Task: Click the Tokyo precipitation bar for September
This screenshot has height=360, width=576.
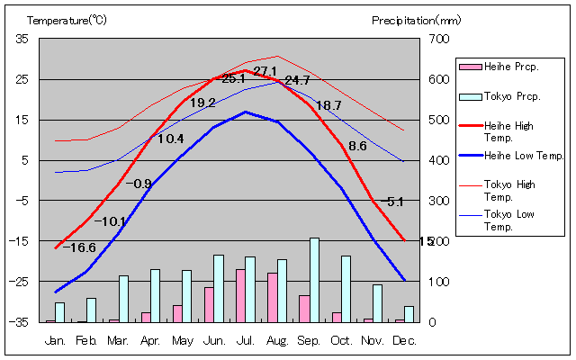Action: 314,280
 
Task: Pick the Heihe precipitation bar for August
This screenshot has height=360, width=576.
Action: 272,297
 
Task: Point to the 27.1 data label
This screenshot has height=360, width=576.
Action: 265,71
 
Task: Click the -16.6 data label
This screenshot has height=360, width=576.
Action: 80,247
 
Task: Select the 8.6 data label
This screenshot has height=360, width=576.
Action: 357,146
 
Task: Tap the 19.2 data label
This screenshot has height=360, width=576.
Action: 202,103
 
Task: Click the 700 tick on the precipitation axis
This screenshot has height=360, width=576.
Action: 438,39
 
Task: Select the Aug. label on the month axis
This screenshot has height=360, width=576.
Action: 277,340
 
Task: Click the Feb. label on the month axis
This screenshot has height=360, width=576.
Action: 86,340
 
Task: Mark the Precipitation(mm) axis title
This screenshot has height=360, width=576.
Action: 416,19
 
